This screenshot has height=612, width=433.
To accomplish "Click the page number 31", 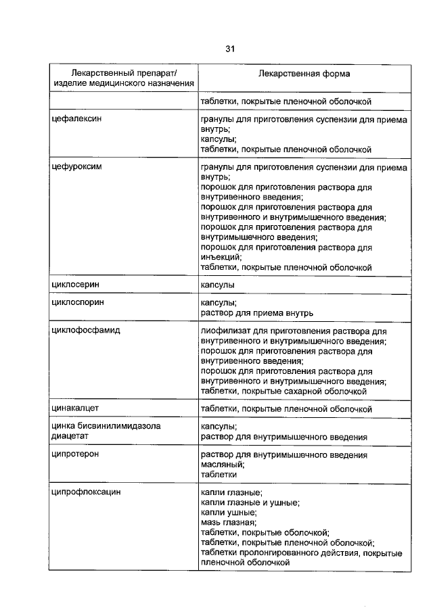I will click(229, 49).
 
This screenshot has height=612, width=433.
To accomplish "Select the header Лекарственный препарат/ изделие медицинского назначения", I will click(124, 78).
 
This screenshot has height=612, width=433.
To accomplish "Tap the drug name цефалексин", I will click(76, 119).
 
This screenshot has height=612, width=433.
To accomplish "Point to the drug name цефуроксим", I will click(76, 166).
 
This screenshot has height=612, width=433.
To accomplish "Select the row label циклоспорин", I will click(78, 304).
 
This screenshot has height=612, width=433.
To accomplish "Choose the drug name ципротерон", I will click(76, 455).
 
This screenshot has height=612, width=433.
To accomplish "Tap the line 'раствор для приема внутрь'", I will click(256, 313).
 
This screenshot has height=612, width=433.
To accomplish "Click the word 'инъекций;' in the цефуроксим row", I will click(221, 258).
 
